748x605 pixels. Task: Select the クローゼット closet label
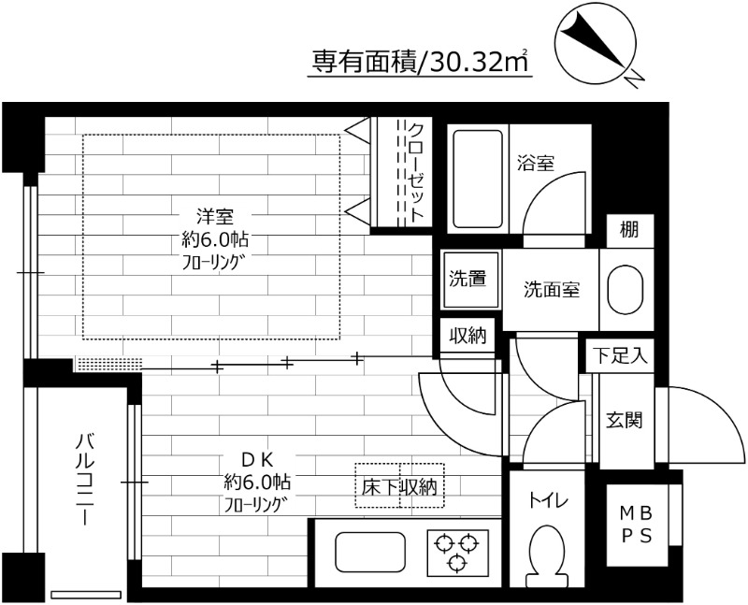point(416,172)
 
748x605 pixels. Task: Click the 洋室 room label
point(214,217)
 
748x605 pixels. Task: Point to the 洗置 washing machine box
point(467,279)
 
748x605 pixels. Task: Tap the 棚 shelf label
point(628,230)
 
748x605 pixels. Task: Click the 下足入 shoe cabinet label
point(618,355)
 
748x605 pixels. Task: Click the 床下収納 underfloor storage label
point(399,486)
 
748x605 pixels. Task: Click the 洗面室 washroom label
point(552,289)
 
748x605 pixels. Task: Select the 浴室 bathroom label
point(536,163)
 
